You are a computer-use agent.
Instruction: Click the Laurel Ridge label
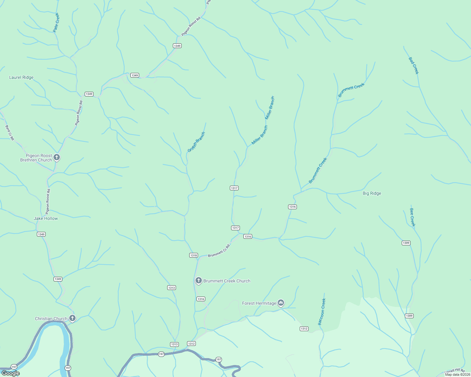[21, 77]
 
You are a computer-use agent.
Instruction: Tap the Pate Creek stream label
[56, 23]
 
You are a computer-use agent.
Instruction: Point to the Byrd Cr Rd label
[9, 133]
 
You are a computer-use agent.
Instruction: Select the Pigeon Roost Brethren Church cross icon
[57, 157]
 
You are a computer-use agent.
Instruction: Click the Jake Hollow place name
[46, 218]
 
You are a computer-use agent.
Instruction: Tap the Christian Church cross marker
[72, 318]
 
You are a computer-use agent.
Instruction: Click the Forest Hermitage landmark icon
[281, 303]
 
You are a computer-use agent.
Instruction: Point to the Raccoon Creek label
[322, 312]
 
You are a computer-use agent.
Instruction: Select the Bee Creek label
[412, 217]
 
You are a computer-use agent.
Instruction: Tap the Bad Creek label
[414, 66]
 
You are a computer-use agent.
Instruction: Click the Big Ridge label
[372, 193]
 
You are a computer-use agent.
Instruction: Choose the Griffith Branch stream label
[196, 142]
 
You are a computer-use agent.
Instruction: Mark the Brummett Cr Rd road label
[219, 251]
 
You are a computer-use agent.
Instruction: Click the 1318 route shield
[194, 255]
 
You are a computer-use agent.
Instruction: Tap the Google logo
[11, 373]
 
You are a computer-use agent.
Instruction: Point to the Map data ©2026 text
[457, 374]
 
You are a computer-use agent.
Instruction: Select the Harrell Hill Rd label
[455, 372]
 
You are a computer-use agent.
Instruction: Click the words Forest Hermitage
[259, 303]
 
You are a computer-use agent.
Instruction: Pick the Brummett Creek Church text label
[227, 281]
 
